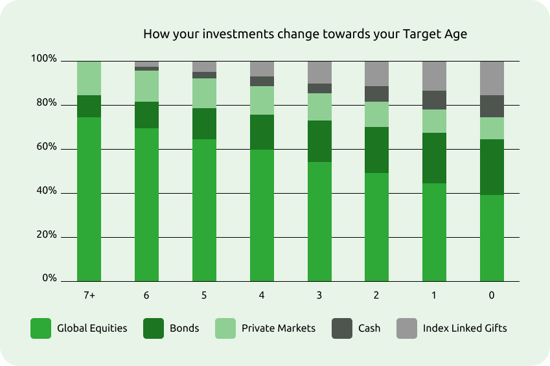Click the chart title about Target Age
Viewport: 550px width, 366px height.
[x=305, y=34]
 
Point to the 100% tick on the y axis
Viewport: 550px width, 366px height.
[x=44, y=58]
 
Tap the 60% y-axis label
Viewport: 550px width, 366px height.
[x=46, y=146]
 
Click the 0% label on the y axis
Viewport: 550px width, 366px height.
[x=49, y=278]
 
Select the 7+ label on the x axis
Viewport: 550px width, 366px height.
[x=89, y=295]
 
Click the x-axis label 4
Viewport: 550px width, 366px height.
[x=262, y=295]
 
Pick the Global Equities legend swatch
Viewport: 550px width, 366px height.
[x=41, y=328]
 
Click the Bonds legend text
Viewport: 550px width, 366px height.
[x=184, y=328]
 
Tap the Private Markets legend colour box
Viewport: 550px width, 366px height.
[x=225, y=328]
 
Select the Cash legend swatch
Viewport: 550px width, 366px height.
[x=342, y=328]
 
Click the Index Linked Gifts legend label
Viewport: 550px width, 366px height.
[x=464, y=328]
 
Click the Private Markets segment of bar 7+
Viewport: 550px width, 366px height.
[x=89, y=78]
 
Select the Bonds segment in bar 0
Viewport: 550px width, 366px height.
[x=492, y=167]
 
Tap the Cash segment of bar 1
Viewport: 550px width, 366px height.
[x=434, y=100]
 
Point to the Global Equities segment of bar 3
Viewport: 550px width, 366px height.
[x=319, y=222]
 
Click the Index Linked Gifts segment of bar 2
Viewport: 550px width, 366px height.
[x=377, y=74]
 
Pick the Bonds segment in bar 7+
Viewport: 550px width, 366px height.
[x=89, y=106]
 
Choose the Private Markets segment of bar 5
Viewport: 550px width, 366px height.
[x=204, y=93]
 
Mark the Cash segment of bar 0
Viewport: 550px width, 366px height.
[x=492, y=106]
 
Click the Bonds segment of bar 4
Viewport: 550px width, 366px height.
[x=262, y=132]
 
